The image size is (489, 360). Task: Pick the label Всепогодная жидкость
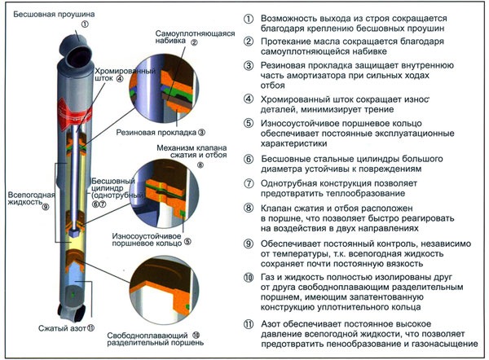pyautogui.click(x=29, y=200)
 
